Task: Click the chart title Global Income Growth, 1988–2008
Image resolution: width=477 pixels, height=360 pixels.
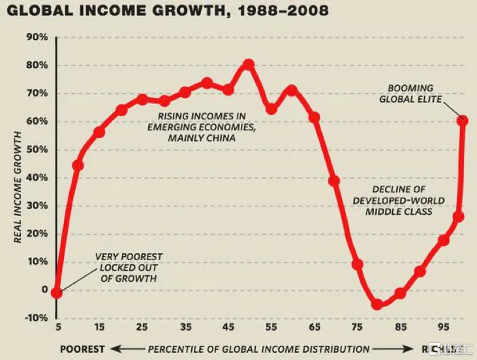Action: click(166, 11)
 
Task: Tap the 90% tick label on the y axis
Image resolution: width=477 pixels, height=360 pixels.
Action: click(37, 37)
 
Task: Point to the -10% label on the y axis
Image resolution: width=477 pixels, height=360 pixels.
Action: click(35, 318)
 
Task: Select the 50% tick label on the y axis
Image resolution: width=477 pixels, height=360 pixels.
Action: click(37, 149)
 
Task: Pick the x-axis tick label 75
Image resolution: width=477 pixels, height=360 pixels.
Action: click(356, 327)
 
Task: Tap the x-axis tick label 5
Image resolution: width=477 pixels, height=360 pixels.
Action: click(57, 327)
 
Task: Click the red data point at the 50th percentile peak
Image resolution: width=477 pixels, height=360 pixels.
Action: click(249, 65)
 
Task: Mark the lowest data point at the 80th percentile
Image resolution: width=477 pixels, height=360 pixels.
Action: click(377, 304)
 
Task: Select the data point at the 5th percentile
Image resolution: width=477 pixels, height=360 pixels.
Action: click(57, 293)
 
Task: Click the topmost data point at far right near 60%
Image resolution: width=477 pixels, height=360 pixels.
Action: click(462, 121)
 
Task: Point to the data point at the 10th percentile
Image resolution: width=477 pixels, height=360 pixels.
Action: click(78, 165)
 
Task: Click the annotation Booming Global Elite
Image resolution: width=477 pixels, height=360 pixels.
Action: click(414, 93)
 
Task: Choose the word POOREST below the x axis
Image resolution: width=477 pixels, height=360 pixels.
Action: click(82, 348)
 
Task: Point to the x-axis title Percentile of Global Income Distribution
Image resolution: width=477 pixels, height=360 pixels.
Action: click(258, 348)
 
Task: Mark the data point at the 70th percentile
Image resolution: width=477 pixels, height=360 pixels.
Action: click(334, 181)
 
